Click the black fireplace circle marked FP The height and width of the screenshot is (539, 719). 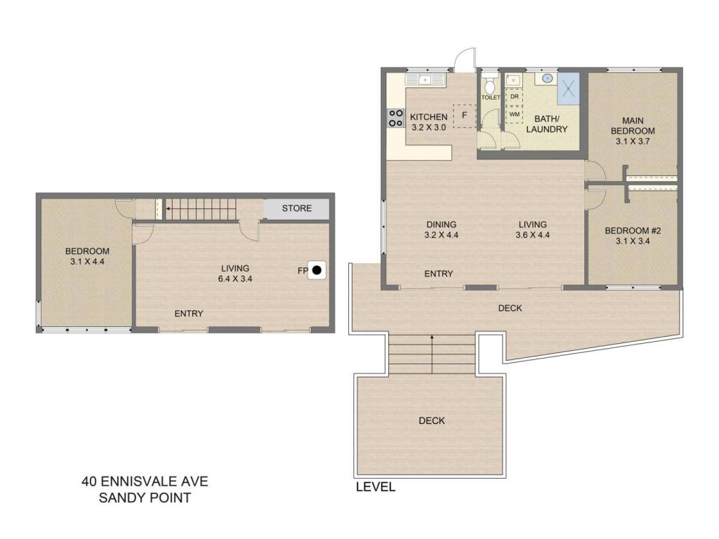click(x=317, y=270)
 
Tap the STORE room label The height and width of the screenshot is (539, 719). click(x=297, y=208)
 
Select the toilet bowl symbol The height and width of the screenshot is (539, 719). click(x=490, y=85)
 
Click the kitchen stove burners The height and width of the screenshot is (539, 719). click(x=396, y=118)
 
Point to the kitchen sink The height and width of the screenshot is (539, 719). click(x=426, y=80)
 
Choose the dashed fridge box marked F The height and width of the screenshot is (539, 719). click(x=465, y=116)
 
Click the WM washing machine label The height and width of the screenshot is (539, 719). click(x=515, y=114)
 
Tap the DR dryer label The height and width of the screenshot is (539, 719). click(x=515, y=97)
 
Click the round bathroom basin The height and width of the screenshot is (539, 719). click(x=547, y=79)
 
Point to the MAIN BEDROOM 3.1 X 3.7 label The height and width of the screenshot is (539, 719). click(x=633, y=131)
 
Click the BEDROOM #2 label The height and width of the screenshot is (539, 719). click(x=633, y=230)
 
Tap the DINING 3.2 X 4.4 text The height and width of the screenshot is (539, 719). click(x=442, y=229)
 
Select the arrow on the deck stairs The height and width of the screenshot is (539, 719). click(x=432, y=354)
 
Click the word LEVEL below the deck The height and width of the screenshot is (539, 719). click(x=376, y=487)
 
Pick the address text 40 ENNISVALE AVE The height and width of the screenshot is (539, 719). click(x=145, y=481)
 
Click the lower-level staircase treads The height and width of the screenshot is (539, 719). click(x=200, y=209)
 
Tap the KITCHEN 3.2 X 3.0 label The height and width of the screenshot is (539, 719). click(x=429, y=122)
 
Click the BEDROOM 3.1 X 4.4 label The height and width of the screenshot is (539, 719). click(x=87, y=256)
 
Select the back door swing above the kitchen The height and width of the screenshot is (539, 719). click(x=465, y=59)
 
